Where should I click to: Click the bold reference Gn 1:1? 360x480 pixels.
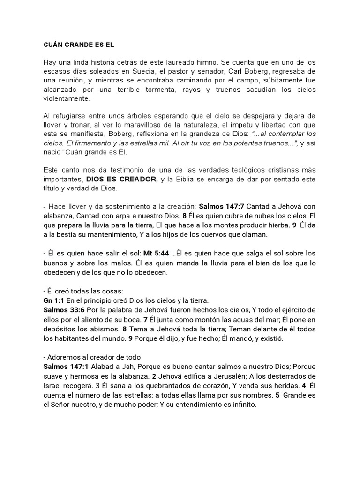pyautogui.click(x=53, y=300)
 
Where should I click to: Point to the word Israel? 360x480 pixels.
pyautogui.click(x=53, y=385)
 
